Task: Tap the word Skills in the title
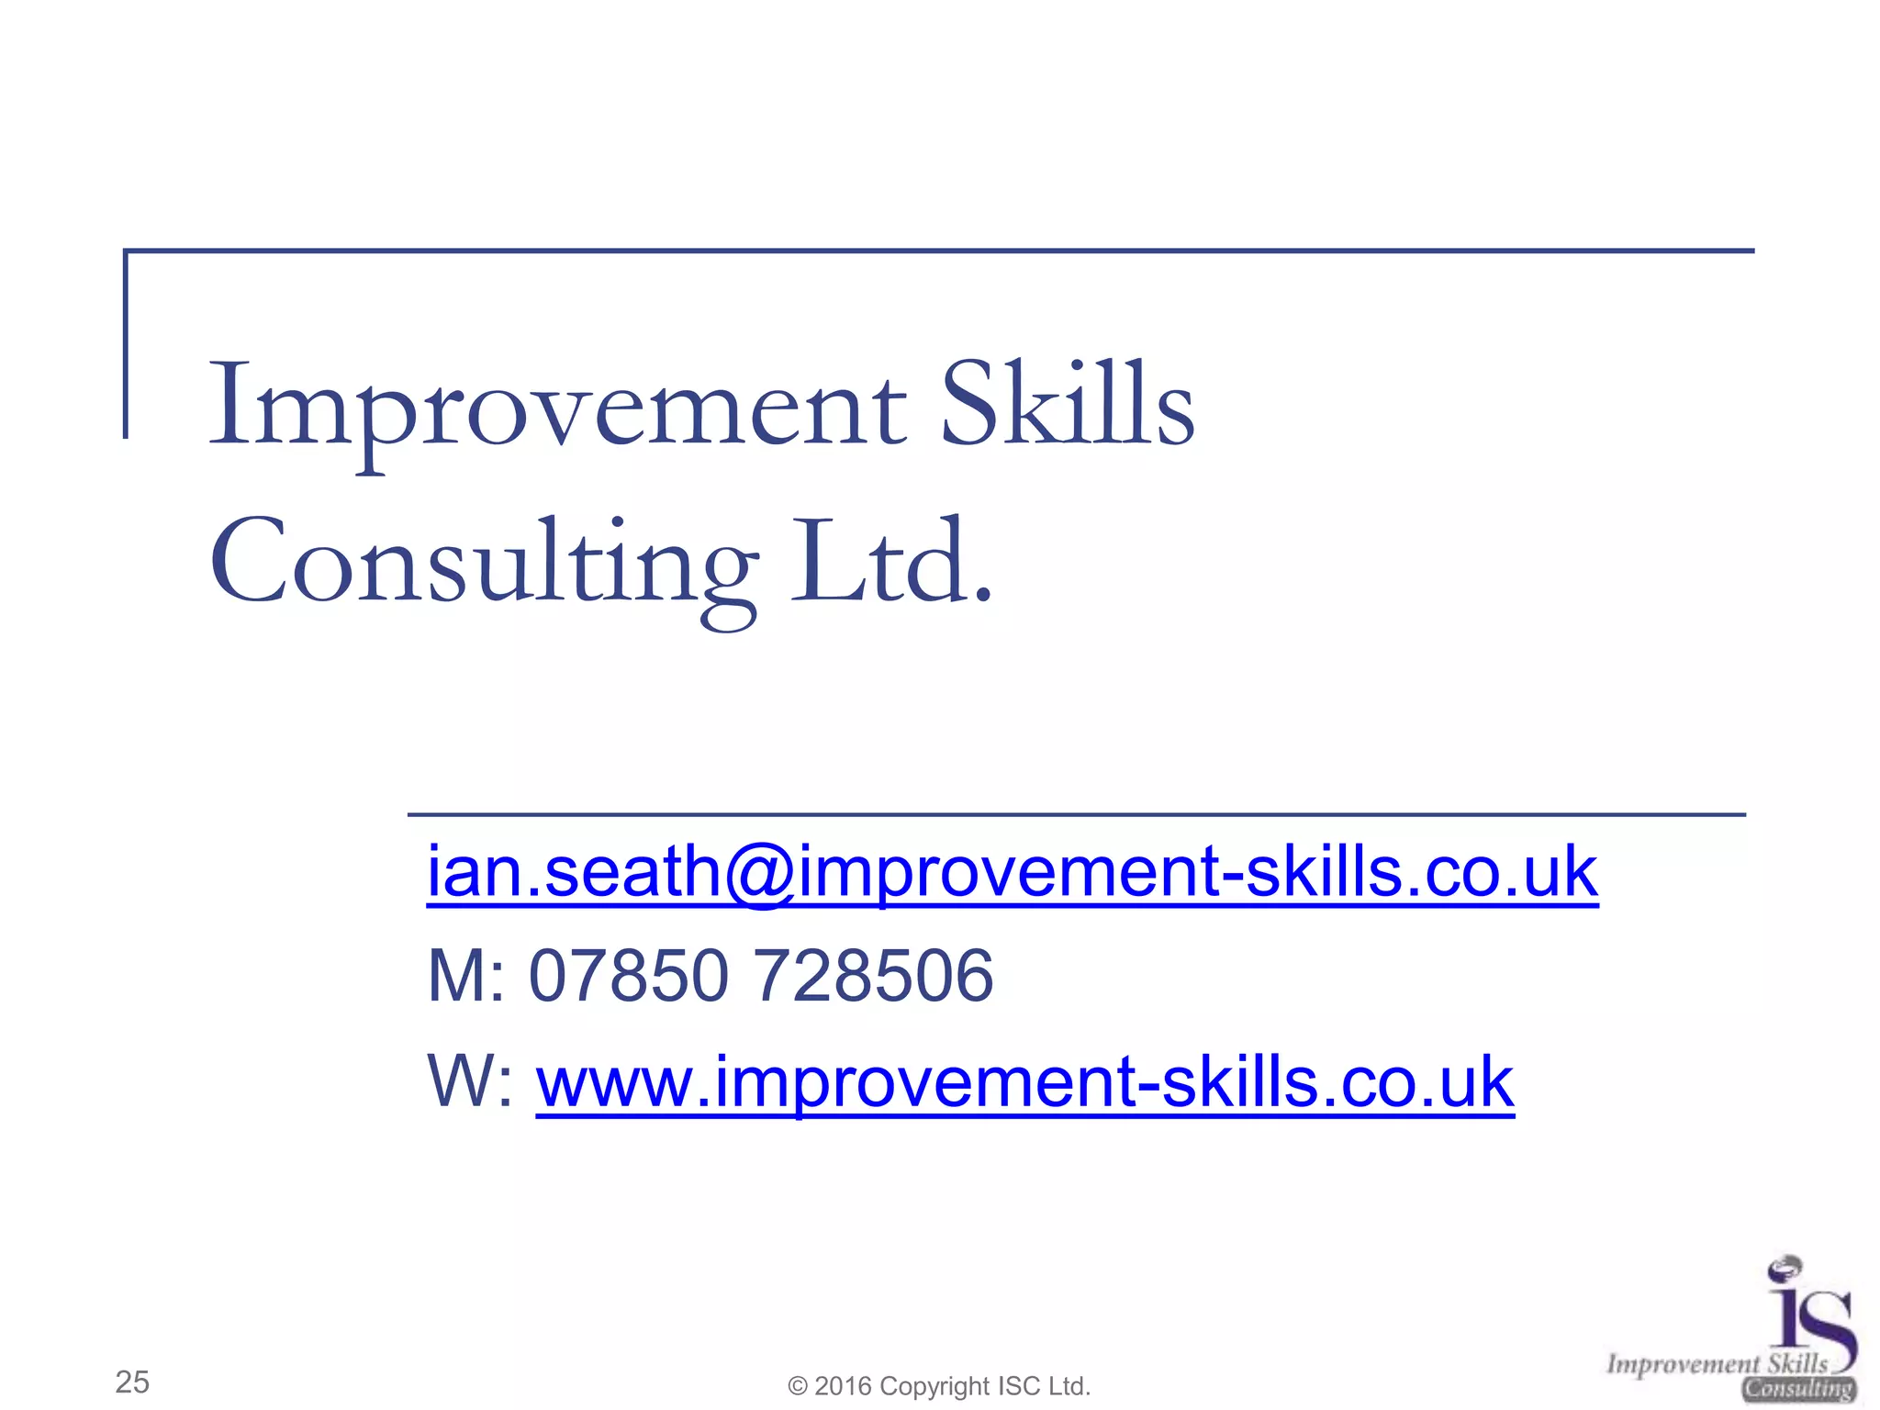(1068, 404)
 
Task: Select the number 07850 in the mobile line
(629, 976)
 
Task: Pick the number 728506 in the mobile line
(873, 976)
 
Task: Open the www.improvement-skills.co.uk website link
(1024, 1083)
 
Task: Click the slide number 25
(132, 1382)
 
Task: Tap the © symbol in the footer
(798, 1386)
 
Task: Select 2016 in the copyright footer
(843, 1386)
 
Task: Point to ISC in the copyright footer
(1019, 1386)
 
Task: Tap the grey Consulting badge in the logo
(1799, 1389)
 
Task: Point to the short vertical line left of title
(126, 344)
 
